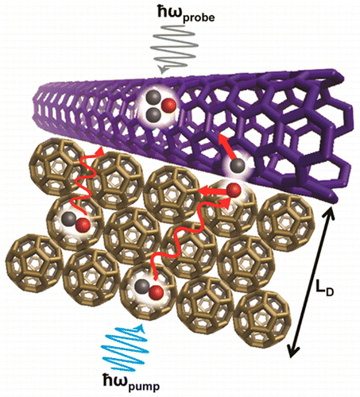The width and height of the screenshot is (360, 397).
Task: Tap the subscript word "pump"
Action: [144, 386]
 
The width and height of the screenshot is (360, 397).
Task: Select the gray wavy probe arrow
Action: [173, 49]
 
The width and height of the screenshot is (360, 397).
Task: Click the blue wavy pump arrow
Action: [125, 348]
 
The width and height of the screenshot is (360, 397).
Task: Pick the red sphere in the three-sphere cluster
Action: [169, 106]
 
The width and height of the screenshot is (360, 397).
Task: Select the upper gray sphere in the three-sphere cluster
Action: [153, 98]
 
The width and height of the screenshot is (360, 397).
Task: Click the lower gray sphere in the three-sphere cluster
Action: [153, 114]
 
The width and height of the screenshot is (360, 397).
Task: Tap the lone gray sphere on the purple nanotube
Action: [238, 166]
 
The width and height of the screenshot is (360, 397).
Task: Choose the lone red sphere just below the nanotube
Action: [234, 190]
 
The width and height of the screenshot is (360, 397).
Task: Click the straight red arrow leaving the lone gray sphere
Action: [226, 147]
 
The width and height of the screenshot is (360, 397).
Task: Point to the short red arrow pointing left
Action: [212, 191]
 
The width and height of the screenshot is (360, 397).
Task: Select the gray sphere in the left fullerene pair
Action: [68, 219]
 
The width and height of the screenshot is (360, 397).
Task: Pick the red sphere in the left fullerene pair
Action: [83, 225]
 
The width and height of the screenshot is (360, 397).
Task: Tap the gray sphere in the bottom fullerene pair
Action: [141, 286]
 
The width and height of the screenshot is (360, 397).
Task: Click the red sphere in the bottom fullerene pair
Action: [156, 292]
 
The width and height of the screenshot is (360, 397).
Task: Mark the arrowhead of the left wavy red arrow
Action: [100, 152]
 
